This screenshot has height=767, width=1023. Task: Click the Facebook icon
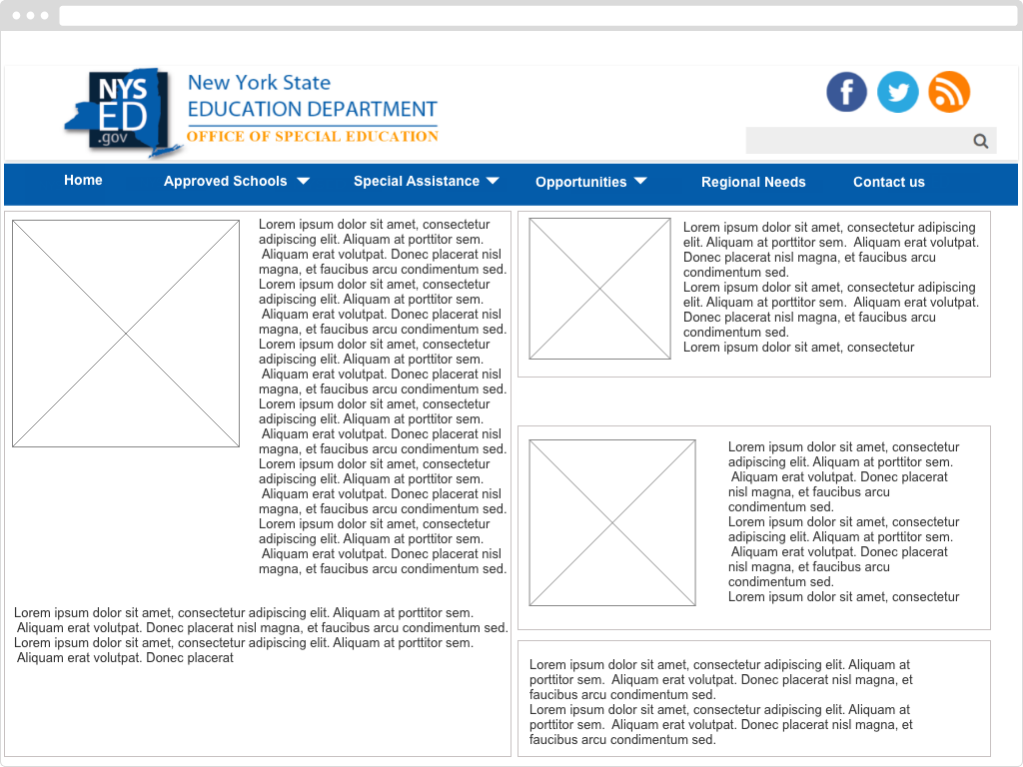846,92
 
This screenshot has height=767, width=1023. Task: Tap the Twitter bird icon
898,92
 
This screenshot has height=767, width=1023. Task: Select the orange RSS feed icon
949,92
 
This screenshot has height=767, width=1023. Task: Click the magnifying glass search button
981,141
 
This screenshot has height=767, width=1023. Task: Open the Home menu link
83,180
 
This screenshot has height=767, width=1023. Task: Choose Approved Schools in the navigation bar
225,181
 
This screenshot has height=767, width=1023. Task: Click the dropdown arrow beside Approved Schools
303,181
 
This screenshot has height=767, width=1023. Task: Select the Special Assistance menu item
416,181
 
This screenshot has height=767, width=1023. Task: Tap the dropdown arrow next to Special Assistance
493,181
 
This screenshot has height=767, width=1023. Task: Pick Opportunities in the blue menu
580,182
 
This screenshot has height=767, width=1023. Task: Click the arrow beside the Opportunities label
640,181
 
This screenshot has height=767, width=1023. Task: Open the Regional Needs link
753,182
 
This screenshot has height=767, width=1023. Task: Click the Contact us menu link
888,182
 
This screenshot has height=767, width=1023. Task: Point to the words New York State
259,83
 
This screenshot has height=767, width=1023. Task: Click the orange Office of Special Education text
313,137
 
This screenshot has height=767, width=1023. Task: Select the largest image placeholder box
126,334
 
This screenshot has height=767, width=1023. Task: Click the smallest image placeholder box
599,289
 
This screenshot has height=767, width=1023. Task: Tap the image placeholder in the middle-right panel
612,522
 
